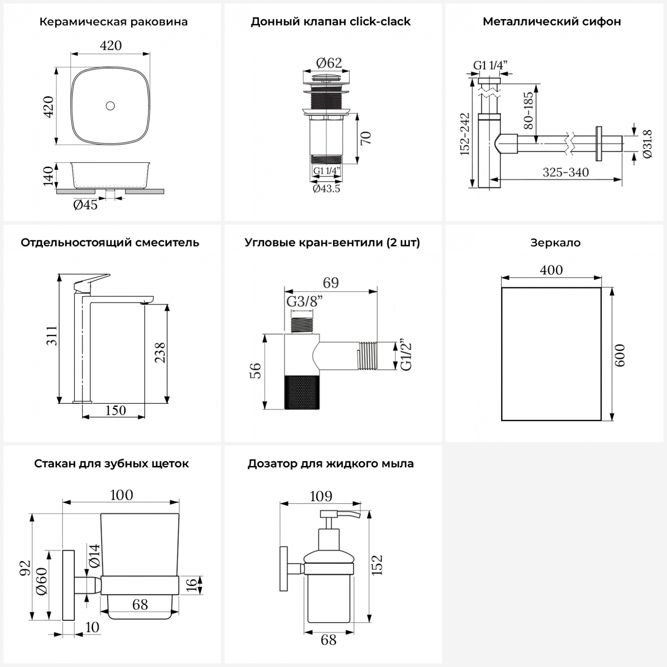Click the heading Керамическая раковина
coord(113,22)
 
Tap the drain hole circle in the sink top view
coord(110,106)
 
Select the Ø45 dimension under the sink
coord(85,205)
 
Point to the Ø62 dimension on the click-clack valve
coord(329,63)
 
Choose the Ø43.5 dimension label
coord(326,189)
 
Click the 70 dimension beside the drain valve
coord(366,138)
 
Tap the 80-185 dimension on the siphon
coord(528,110)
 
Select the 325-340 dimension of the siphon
coord(566,172)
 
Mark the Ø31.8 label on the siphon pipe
coord(647,144)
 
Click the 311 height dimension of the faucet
coord(52,336)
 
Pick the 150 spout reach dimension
coord(116,410)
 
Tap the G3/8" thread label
coord(304,301)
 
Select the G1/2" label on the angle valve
coord(406,356)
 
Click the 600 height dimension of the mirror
coord(620,355)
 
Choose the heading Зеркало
coord(555,243)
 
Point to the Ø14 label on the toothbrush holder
coord(94,555)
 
